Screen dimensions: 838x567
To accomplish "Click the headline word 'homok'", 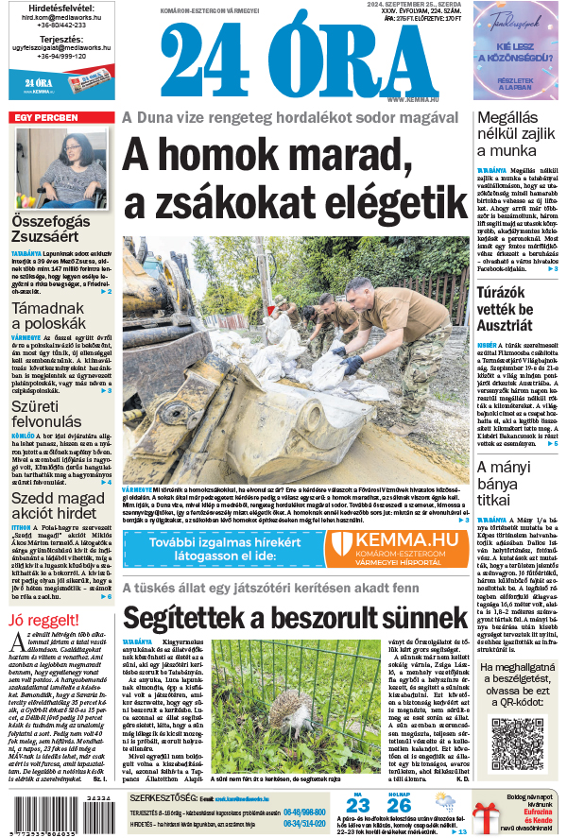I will [228, 156].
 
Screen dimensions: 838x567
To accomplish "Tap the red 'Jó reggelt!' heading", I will [40, 620].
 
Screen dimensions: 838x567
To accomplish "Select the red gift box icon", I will [487, 815].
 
